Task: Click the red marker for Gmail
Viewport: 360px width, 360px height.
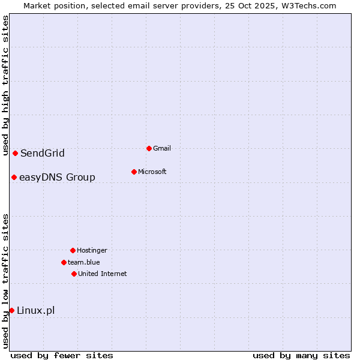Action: tap(149, 148)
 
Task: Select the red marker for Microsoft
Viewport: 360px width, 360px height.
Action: tap(134, 172)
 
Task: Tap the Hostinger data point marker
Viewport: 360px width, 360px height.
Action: tap(73, 250)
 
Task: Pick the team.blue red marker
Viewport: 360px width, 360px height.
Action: tap(64, 262)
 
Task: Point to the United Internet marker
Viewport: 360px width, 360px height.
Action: tap(74, 274)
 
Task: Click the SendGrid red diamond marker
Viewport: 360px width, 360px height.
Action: tap(15, 153)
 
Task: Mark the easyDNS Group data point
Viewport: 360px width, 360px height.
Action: tap(14, 177)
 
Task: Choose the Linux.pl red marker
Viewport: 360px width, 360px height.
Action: tap(11, 310)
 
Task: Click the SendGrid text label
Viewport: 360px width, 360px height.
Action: tap(42, 153)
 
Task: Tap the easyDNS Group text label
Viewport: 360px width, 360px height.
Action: tap(57, 177)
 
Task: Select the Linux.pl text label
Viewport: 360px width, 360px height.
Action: tap(35, 310)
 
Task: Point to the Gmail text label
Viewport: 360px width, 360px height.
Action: tap(162, 148)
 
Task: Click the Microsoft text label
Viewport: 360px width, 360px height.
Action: tap(152, 172)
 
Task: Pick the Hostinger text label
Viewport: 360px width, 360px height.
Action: tap(92, 250)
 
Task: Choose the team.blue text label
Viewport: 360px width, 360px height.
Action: tap(84, 262)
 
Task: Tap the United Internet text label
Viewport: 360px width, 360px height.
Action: tap(102, 274)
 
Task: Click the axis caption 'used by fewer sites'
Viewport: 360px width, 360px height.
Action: tap(61, 355)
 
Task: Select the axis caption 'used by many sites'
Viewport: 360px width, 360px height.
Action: tap(301, 355)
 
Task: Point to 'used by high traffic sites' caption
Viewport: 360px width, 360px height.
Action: tap(5, 85)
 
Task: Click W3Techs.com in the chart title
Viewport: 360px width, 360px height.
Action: tap(307, 5)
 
